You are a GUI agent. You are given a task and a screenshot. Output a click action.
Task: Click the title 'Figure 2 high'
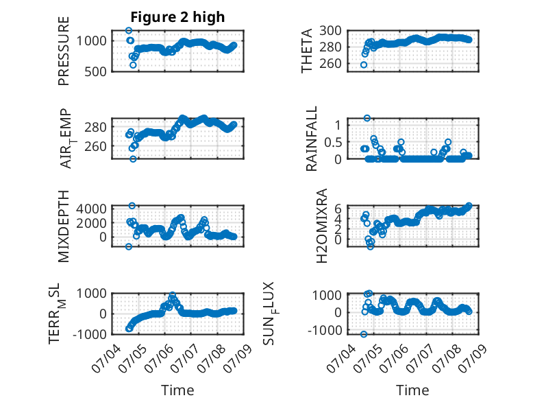[x=177, y=17]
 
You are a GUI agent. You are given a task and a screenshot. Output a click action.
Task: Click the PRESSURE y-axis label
[x=64, y=51]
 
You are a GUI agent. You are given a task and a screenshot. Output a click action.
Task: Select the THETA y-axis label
[x=307, y=51]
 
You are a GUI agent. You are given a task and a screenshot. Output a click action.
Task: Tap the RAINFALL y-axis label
[x=311, y=138]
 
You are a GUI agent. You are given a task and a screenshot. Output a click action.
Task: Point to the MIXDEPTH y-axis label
[x=64, y=226]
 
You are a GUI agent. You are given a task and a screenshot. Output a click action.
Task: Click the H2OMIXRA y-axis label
[x=321, y=226]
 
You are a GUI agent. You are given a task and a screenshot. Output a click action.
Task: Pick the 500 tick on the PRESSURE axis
[x=95, y=71]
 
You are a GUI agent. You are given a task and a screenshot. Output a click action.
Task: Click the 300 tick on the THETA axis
[x=330, y=31]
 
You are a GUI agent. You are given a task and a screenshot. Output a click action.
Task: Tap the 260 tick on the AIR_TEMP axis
[x=95, y=146]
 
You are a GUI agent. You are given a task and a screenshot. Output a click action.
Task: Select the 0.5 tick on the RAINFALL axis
[x=333, y=142]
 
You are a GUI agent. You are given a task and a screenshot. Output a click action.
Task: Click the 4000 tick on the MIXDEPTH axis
[x=91, y=209]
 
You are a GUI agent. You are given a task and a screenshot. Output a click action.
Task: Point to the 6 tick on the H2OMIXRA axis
[x=338, y=209]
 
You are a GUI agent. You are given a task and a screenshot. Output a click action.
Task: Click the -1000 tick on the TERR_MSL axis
[x=89, y=334]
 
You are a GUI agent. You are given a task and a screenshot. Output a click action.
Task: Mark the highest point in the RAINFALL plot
[x=367, y=118]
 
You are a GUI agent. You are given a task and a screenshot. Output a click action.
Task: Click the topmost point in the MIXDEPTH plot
[x=132, y=206]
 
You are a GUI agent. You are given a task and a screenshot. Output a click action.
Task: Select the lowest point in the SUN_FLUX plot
[x=364, y=334]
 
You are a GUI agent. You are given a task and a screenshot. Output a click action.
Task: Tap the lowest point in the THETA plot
[x=364, y=64]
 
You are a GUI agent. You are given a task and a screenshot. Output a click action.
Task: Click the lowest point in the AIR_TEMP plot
[x=133, y=159]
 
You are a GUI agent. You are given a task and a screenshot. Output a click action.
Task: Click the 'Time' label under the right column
[x=412, y=390]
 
